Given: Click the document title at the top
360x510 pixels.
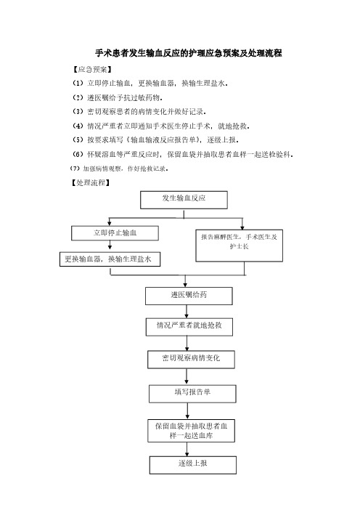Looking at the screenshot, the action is [189, 53].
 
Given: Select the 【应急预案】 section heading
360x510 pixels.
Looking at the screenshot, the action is [92, 70].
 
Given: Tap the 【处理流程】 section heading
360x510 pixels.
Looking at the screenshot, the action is [91, 183].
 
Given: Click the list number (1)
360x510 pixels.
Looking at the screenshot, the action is [78, 84].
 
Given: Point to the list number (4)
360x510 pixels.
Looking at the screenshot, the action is [78, 126].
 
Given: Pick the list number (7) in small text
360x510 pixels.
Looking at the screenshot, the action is [75, 169].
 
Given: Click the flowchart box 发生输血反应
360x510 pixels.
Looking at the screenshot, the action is [184, 200].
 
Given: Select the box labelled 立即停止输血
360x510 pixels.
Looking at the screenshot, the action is [115, 233].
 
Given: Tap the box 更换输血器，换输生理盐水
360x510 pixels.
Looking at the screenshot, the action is [110, 259].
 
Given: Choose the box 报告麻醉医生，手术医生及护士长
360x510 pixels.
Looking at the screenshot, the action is [239, 246].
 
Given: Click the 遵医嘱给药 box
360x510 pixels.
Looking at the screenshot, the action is [189, 296].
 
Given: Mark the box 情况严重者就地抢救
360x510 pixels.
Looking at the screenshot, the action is [189, 327].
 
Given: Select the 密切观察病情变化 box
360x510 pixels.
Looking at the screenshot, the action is [191, 360].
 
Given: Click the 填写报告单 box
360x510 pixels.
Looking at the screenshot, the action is [192, 394].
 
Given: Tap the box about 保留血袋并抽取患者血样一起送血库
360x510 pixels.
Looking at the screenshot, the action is [191, 431].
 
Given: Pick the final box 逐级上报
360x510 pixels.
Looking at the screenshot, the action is [192, 465].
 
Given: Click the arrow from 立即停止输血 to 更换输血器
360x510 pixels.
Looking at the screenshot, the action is [110, 246].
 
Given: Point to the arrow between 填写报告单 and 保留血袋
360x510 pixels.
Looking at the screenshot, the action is [187, 410].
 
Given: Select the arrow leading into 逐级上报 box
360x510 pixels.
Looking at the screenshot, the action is [187, 449].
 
